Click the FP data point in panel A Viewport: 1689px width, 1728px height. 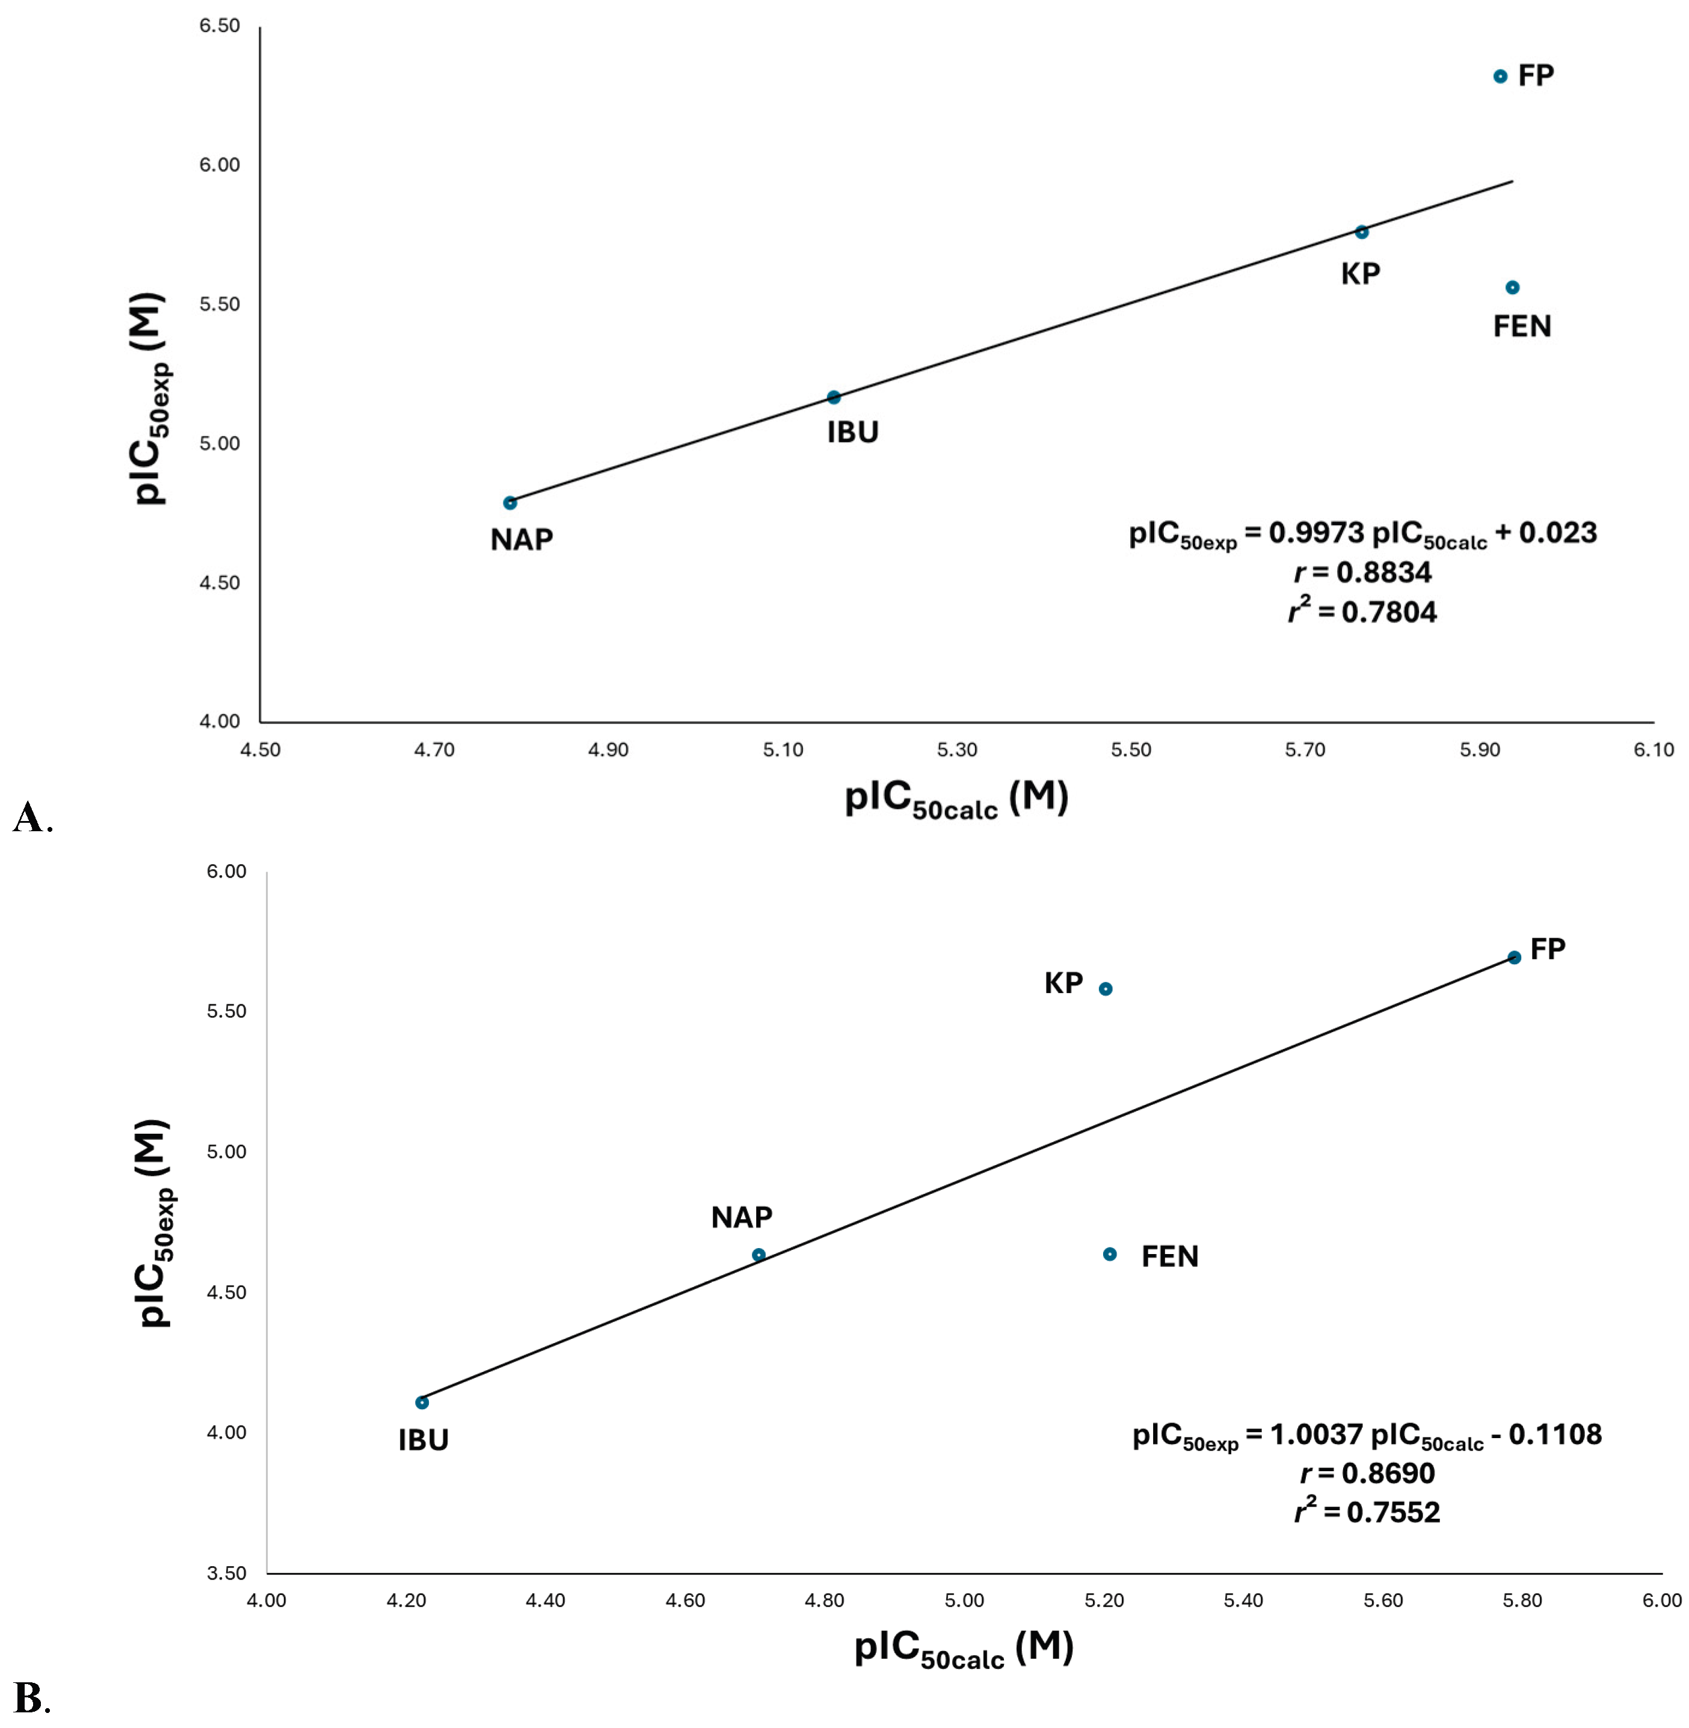(1500, 77)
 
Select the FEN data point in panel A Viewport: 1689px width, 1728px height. (1513, 287)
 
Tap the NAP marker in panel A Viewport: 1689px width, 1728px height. (510, 503)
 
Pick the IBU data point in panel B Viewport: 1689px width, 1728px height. (422, 1403)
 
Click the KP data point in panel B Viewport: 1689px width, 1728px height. (1106, 989)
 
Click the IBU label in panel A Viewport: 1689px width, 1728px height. (852, 433)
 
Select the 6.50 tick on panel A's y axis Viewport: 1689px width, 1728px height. (219, 26)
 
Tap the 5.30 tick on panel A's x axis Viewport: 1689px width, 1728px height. (956, 751)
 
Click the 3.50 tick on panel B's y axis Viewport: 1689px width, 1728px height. (226, 1573)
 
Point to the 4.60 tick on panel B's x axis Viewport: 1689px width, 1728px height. (685, 1601)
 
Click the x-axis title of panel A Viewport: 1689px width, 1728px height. (956, 798)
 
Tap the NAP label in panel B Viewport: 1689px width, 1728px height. (742, 1217)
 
